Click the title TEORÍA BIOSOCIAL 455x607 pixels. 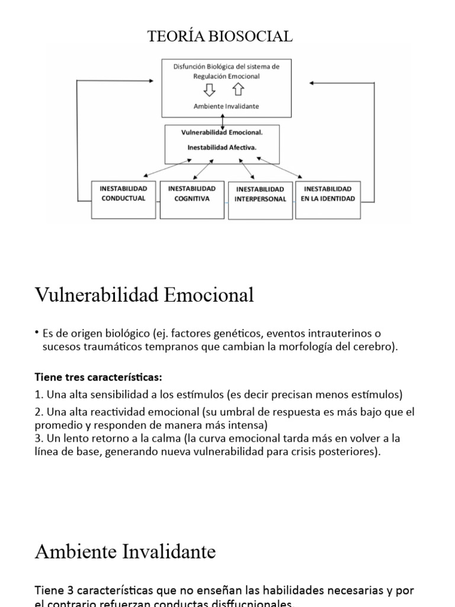(220, 37)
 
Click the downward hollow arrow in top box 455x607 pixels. (209, 90)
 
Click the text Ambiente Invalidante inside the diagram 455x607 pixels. (226, 106)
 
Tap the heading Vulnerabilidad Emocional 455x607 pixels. (145, 295)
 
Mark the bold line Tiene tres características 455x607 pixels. (98, 377)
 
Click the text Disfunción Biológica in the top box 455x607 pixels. (202, 67)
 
